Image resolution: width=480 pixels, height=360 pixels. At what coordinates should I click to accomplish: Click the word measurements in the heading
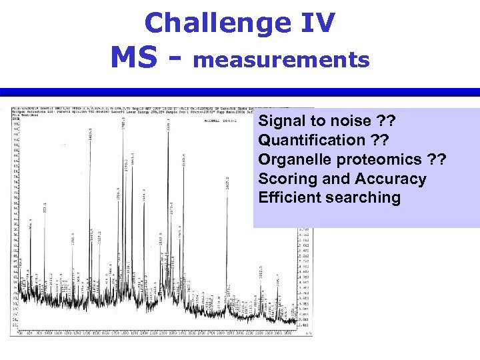[281, 60]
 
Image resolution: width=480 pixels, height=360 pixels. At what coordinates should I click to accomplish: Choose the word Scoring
[283, 179]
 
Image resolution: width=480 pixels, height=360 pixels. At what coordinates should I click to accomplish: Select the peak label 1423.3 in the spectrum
[90, 135]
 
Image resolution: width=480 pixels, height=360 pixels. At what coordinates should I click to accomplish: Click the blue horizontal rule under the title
[240, 92]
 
